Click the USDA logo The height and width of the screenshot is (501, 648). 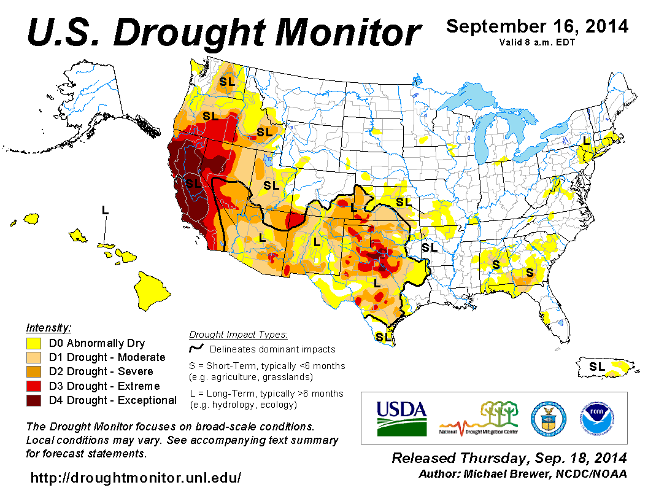pos(401,418)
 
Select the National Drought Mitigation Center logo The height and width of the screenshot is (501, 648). pos(479,417)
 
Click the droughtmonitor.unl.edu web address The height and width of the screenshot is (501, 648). pos(136,477)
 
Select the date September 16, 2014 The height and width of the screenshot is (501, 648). pos(537,26)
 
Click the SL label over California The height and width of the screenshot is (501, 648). pos(193,183)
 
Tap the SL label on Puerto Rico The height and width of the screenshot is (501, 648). pos(596,367)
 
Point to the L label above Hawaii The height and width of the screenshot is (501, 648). pos(105,210)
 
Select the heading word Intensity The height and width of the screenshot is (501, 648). pos(48,327)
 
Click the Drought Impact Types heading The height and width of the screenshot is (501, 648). pos(238,335)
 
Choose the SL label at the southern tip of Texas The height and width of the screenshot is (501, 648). pos(384,336)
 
